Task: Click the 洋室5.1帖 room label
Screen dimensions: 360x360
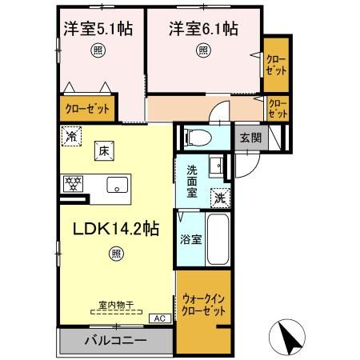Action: click(x=98, y=29)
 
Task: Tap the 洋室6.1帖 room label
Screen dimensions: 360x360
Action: click(x=203, y=29)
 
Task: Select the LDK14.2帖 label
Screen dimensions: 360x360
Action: click(x=116, y=229)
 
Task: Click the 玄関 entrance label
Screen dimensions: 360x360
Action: click(x=250, y=137)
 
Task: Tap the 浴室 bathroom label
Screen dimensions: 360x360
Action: click(x=190, y=238)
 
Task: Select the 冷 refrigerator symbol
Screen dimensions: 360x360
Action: click(x=74, y=136)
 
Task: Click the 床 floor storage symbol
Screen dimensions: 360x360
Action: click(x=103, y=150)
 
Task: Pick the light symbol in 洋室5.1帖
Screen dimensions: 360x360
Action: click(x=98, y=50)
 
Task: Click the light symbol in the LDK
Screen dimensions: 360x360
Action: click(x=116, y=254)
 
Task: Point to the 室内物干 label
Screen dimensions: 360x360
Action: click(x=115, y=306)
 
